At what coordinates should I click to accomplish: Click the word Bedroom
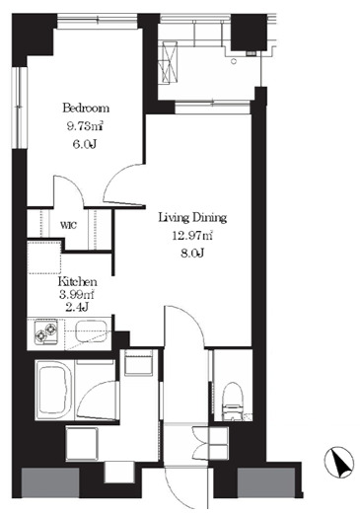86,109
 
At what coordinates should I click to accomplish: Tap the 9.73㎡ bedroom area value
85,126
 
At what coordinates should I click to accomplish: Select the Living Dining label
192,218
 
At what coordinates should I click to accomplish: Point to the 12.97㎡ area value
192,236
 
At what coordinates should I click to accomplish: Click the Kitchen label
77,282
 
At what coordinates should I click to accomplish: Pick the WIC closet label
69,226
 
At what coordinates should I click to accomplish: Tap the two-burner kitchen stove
45,331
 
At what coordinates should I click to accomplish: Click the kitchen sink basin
91,331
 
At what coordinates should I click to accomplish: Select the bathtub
54,390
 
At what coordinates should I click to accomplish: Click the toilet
233,402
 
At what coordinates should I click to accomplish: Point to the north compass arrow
339,462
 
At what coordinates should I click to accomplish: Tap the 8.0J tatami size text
192,254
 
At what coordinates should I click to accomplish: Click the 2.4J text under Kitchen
77,307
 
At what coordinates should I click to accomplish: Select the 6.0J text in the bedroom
85,144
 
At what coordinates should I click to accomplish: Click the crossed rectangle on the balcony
170,63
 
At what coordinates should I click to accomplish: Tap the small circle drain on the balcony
234,61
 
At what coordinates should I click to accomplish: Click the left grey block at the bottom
50,482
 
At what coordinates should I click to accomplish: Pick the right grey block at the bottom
266,482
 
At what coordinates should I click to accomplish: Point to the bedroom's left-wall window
20,108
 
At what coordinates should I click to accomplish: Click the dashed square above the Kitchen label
44,257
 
